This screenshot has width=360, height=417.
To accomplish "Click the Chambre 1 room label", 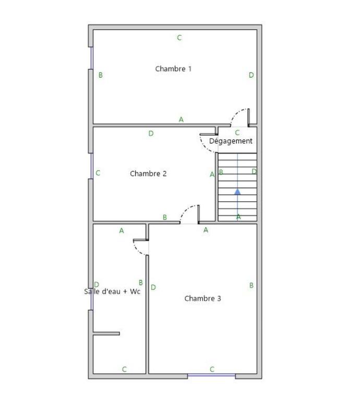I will [173, 69].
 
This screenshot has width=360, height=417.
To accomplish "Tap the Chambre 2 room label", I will [148, 174].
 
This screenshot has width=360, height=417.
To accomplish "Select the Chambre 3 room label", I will [203, 299].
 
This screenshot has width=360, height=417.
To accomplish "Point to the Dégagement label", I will [231, 141].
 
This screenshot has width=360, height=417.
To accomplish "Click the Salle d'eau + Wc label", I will [112, 291].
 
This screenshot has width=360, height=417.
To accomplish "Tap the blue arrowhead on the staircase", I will [237, 191].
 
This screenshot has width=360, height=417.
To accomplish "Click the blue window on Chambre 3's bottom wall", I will [211, 375].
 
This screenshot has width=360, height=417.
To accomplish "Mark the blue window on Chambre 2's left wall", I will [91, 166].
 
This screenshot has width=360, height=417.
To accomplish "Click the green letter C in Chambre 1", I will [179, 38].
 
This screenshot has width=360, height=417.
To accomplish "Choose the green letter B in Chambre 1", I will [101, 75].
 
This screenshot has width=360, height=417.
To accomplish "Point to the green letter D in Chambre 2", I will [151, 133].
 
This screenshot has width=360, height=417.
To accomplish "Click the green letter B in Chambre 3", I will [251, 286].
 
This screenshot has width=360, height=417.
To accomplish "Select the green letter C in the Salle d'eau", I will [124, 369].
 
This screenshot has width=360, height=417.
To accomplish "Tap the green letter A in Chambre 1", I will [181, 119].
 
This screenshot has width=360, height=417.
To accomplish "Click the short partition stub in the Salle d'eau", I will [106, 334].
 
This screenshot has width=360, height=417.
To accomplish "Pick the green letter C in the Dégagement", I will [237, 133].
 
